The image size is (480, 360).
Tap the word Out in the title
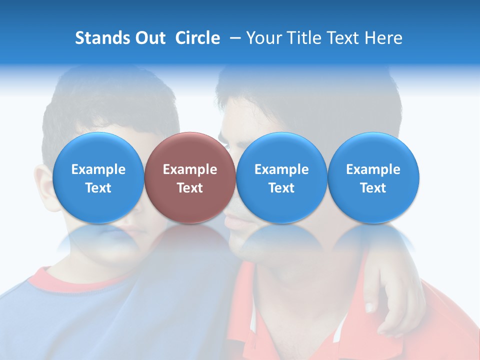[150, 38]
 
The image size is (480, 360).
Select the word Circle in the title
[197, 38]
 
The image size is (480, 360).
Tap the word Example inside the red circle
[190, 169]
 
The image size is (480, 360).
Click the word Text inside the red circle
[190, 188]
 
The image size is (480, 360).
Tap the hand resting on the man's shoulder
[387, 300]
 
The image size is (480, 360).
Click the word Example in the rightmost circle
[373, 169]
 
